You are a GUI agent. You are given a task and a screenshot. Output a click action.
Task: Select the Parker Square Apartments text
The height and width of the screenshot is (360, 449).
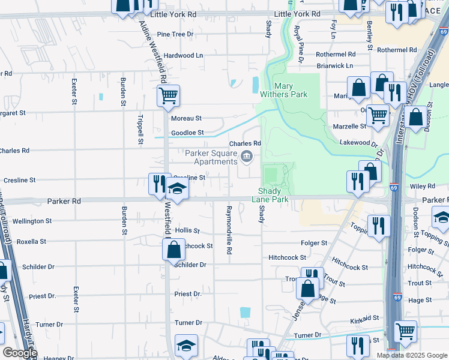(211, 157)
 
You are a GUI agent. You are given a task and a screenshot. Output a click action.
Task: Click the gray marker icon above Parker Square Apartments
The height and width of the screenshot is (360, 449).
(247, 157)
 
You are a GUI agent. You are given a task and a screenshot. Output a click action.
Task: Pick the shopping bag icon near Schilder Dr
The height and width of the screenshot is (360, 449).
(173, 249)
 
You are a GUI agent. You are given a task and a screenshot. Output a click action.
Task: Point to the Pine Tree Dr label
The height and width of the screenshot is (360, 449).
(175, 34)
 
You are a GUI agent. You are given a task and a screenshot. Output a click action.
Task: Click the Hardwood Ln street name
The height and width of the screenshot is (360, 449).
(184, 55)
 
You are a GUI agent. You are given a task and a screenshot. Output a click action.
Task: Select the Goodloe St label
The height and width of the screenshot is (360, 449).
(187, 133)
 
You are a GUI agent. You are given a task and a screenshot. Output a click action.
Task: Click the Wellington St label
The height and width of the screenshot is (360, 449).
(32, 221)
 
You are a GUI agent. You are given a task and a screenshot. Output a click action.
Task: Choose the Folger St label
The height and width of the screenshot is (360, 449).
(315, 243)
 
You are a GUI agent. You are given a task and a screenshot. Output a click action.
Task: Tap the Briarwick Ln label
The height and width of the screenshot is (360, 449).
(335, 65)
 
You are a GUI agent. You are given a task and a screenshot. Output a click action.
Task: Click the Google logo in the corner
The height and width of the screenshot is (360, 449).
(20, 353)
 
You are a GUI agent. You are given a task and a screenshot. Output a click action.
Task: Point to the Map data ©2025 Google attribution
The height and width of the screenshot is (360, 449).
(411, 355)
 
